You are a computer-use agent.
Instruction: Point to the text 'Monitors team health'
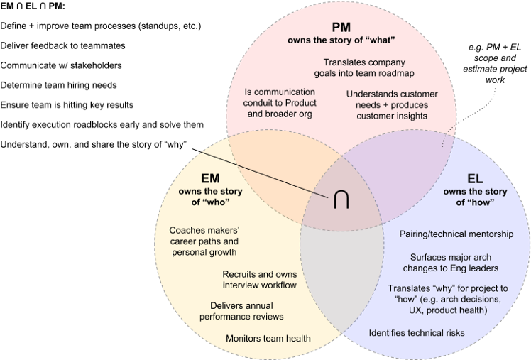point(268,338)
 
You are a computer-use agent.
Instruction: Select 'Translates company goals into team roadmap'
point(364,67)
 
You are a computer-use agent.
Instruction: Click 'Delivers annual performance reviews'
point(247,310)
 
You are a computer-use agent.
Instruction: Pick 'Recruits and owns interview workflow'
point(259,280)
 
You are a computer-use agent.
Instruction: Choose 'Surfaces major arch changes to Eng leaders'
point(454,262)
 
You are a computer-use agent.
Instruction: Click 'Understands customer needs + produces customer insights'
point(392,105)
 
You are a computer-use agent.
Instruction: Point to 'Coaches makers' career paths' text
point(203,241)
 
